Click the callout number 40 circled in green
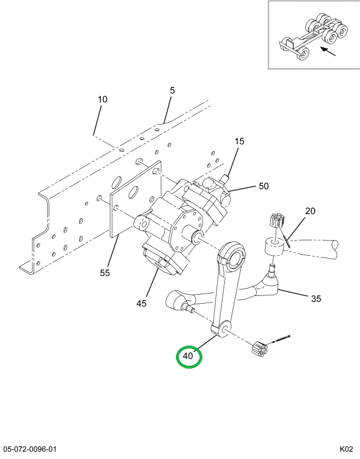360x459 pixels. pyautogui.click(x=188, y=356)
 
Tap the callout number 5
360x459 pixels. pyautogui.click(x=172, y=90)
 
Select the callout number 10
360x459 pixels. pyautogui.click(x=102, y=99)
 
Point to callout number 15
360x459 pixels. pyautogui.click(x=239, y=141)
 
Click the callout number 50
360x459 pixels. pyautogui.click(x=263, y=186)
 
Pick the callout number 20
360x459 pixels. pyautogui.click(x=310, y=211)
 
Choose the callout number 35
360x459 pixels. pyautogui.click(x=316, y=298)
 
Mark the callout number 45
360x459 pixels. pyautogui.click(x=141, y=304)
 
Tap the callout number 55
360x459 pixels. pyautogui.click(x=104, y=273)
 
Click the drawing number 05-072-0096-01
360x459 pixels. pyautogui.click(x=30, y=449)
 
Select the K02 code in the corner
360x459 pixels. pyautogui.click(x=346, y=449)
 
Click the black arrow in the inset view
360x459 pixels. pyautogui.click(x=328, y=51)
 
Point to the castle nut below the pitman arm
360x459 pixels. pyautogui.click(x=259, y=349)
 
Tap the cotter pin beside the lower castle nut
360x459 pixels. pyautogui.click(x=281, y=339)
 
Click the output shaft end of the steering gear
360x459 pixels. pyautogui.click(x=197, y=237)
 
